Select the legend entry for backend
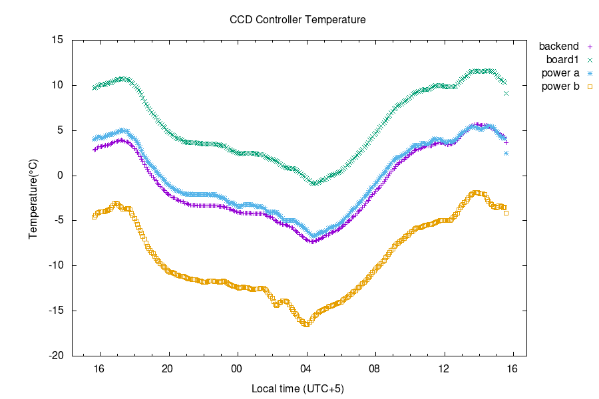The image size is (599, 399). (558, 47)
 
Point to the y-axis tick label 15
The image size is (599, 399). (58, 40)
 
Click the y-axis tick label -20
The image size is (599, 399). (56, 356)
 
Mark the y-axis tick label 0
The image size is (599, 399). (61, 176)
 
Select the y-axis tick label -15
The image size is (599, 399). (56, 311)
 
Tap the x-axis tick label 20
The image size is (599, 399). (168, 368)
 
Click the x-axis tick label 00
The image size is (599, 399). (237, 368)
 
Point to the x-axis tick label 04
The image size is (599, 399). (305, 368)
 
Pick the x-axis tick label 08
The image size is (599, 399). (375, 368)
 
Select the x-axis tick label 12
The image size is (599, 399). (444, 368)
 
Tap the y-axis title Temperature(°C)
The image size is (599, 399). (33, 198)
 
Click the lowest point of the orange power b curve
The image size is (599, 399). (306, 324)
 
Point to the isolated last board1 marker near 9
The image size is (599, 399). (506, 93)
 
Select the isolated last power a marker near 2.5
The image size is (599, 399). (506, 153)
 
